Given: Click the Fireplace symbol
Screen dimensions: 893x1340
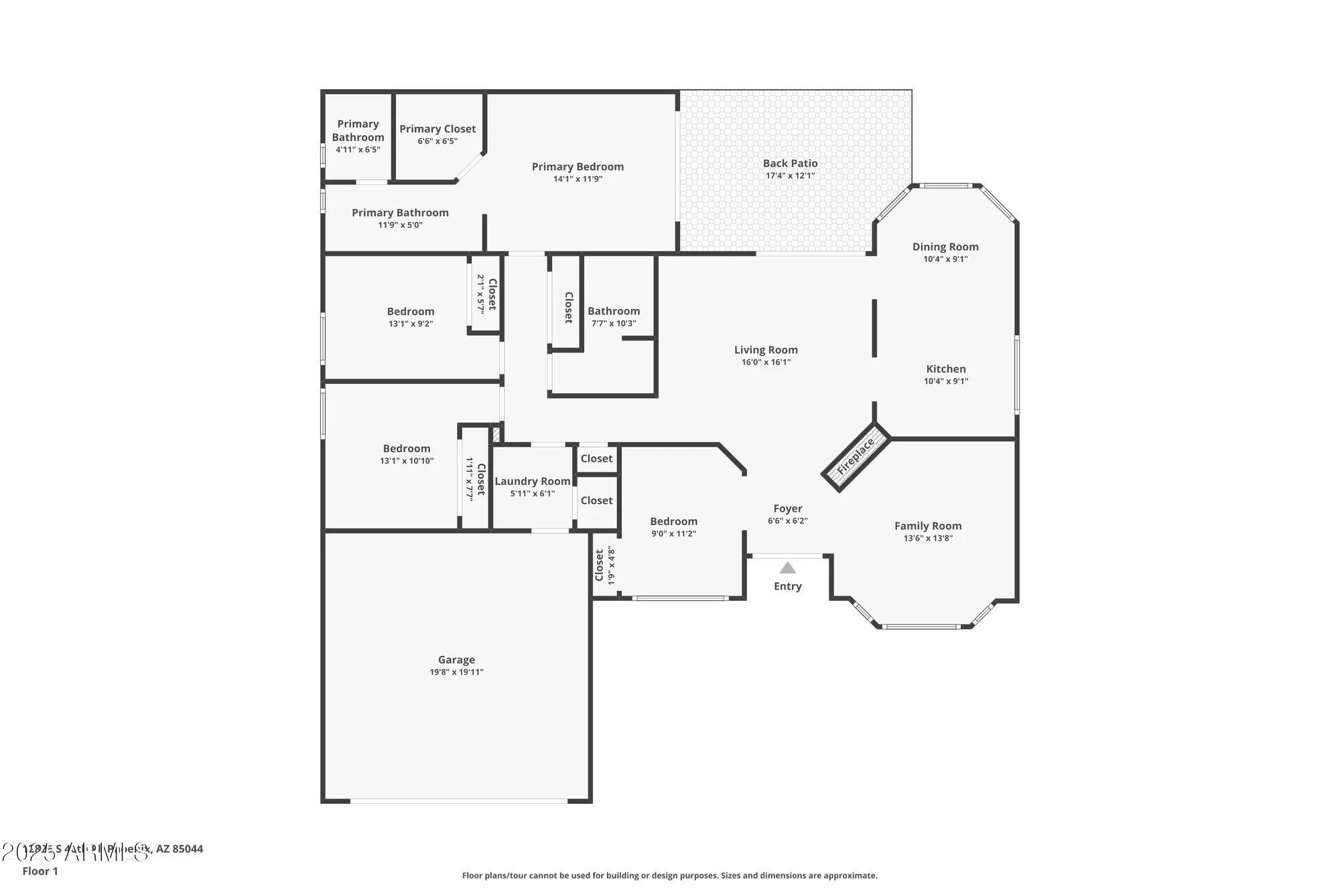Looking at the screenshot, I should pos(856,457).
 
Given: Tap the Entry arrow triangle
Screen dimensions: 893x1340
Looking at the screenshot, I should pos(788,569).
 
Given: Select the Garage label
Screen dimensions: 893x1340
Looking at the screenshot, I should pos(456,660).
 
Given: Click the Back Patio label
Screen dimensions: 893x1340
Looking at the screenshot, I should pos(790,163).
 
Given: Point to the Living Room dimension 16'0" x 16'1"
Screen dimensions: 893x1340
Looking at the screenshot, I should pos(766,362).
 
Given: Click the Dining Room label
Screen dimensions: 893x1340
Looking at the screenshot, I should pos(945,247).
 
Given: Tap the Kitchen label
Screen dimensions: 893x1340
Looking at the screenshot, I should pos(945,369).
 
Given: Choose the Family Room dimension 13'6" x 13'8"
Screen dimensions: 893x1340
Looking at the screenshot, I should pos(927,539).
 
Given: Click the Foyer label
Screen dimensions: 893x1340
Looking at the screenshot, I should pos(787,508).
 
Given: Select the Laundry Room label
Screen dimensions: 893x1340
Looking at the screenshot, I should pos(532,481).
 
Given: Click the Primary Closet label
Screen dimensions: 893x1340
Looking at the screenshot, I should pos(438,129).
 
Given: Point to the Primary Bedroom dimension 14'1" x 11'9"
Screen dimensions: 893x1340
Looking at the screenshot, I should pos(578,180).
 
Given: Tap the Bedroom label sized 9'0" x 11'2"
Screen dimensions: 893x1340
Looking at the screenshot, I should pos(673,521).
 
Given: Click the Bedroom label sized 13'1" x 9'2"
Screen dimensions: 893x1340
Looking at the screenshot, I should pos(410,312).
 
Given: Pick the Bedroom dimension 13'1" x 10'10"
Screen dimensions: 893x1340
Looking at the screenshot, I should pos(407,461).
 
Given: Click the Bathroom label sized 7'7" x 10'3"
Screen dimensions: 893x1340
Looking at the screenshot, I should pos(613,311).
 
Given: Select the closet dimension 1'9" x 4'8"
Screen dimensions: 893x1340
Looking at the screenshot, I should pos(611,566).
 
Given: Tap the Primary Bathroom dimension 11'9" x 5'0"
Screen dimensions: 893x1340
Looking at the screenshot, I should pos(400,225).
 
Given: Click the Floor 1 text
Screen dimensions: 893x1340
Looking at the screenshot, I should pos(40,871).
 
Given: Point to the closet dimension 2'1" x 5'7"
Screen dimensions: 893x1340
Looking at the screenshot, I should pos(480,294).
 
